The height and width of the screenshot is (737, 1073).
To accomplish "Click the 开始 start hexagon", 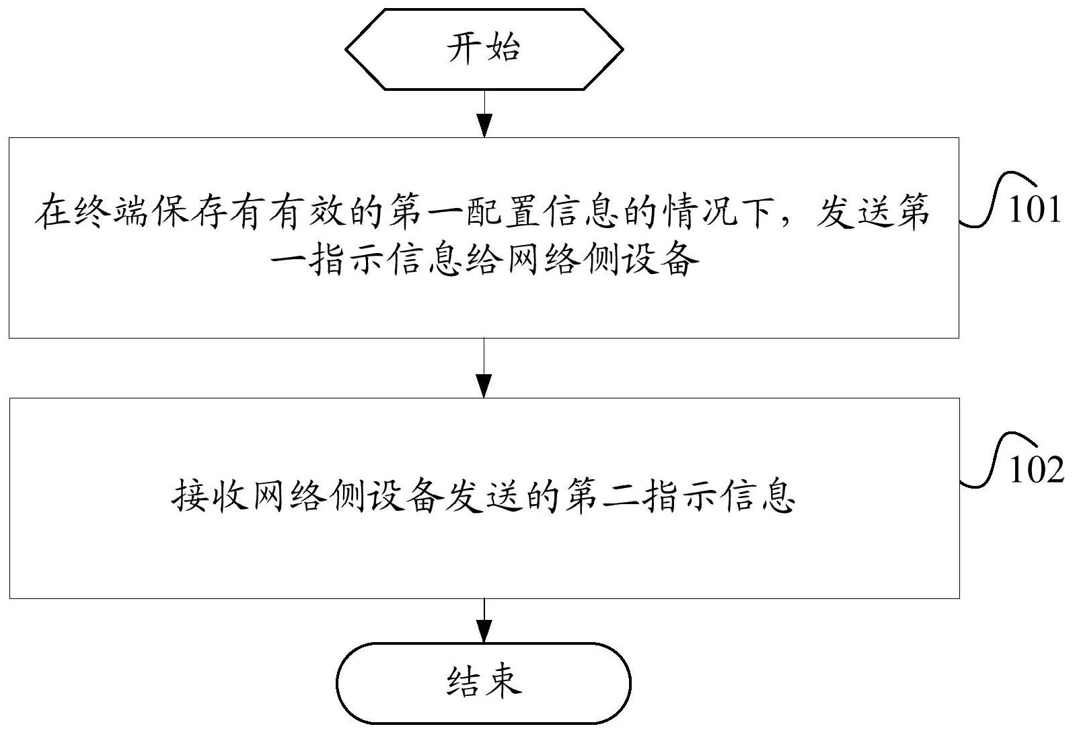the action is point(484,49).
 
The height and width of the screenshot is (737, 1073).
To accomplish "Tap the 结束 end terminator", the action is point(484,683).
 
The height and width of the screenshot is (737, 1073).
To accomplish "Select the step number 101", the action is point(1035,209).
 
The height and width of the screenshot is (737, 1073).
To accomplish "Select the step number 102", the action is point(1035,470).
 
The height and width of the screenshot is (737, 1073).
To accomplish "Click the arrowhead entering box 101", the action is point(485,126).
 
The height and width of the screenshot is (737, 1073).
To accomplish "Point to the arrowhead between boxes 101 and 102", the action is point(484,386).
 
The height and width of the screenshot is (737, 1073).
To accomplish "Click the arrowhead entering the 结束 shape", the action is point(484,631).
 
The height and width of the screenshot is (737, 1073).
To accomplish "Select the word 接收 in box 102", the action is point(210,496).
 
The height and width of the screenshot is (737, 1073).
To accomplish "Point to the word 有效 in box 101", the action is point(307,211).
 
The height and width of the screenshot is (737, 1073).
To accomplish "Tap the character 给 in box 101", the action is point(485,260).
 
